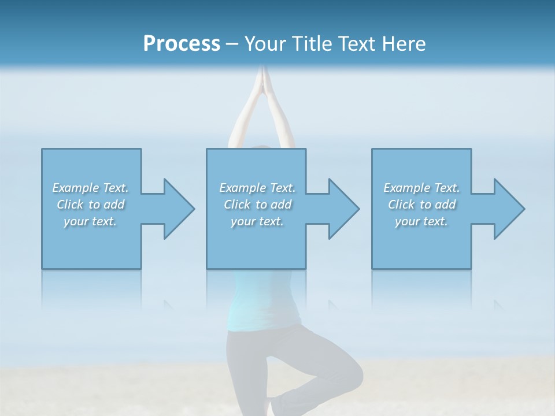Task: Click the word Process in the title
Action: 182,44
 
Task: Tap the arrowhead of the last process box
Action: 508,209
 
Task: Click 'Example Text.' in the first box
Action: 90,188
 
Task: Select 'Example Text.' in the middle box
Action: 257,188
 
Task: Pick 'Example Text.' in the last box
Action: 421,188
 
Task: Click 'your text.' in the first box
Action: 90,221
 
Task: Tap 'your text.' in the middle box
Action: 257,221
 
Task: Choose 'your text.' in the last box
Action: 421,221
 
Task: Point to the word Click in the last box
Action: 401,205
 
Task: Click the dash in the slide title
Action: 232,44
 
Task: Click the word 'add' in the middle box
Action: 280,205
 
